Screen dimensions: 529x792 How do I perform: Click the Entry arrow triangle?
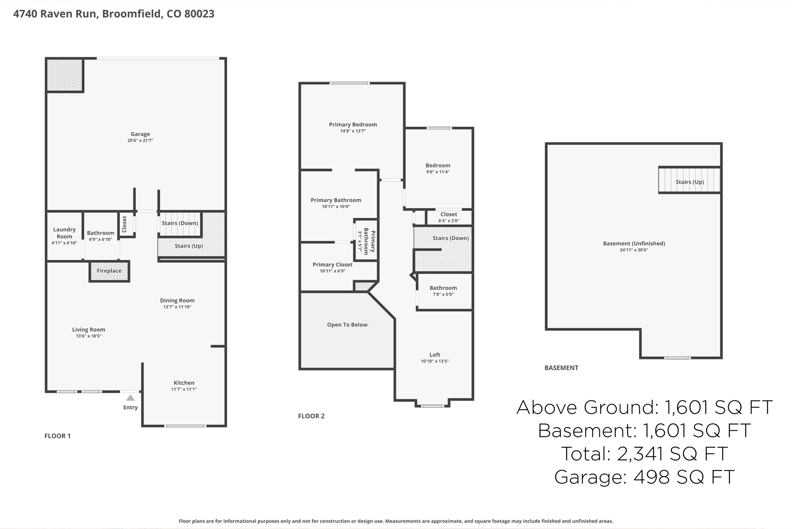click(130, 398)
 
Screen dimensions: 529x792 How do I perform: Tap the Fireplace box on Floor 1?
click(109, 271)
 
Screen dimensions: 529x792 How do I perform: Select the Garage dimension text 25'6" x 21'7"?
click(140, 141)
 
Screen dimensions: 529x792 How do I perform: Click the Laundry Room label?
click(64, 233)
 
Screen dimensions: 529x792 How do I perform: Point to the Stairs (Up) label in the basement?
click(690, 182)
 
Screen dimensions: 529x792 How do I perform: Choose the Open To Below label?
click(347, 325)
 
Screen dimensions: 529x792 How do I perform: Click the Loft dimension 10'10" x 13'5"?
click(435, 361)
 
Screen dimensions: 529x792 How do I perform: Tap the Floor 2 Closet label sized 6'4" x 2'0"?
click(449, 214)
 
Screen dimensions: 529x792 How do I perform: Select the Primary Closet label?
click(333, 264)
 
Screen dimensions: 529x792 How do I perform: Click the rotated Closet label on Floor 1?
click(125, 224)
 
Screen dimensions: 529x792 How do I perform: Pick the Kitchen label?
click(184, 383)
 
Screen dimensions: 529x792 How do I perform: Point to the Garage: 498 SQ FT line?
click(644, 477)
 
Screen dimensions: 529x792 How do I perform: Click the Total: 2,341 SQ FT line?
click(644, 454)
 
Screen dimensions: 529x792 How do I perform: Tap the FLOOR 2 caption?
click(311, 416)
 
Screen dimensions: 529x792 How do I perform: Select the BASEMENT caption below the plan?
click(561, 368)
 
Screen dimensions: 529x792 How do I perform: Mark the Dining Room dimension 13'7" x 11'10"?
click(177, 307)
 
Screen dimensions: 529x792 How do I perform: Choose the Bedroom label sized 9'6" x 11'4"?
click(438, 165)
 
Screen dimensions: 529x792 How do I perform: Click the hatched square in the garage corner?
click(65, 75)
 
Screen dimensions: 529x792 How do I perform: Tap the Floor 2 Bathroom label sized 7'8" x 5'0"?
click(443, 288)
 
